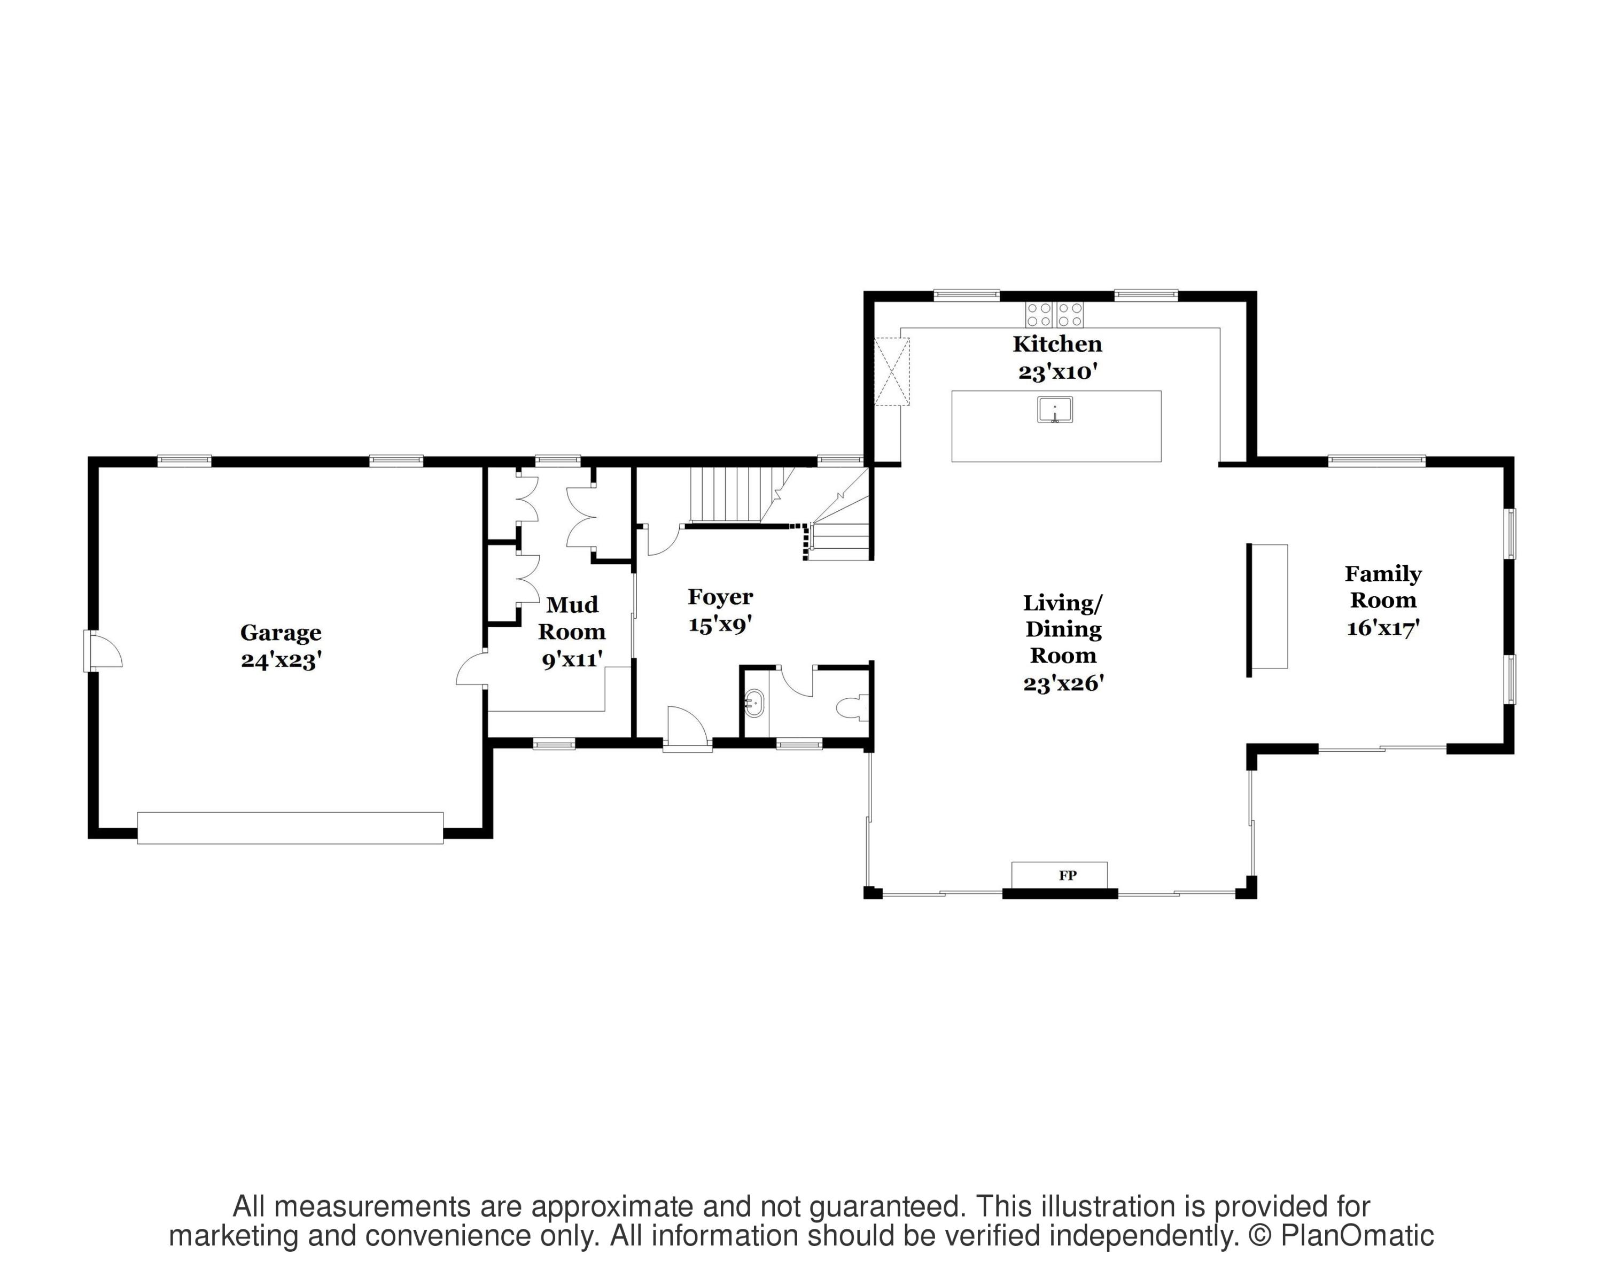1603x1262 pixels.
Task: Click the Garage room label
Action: click(x=281, y=633)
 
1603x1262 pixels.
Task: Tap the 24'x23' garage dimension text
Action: click(x=281, y=659)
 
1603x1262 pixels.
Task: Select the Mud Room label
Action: click(x=572, y=618)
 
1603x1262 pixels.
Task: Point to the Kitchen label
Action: click(x=1057, y=344)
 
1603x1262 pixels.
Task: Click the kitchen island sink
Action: click(x=1055, y=409)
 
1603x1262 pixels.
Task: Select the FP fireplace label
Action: click(x=1067, y=876)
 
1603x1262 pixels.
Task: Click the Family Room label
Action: click(x=1383, y=587)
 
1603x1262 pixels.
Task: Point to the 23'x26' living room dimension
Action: click(x=1063, y=683)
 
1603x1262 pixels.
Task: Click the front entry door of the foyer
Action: click(x=687, y=728)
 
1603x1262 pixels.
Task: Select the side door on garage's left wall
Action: click(x=104, y=650)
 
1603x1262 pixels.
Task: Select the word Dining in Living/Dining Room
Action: click(x=1063, y=629)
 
